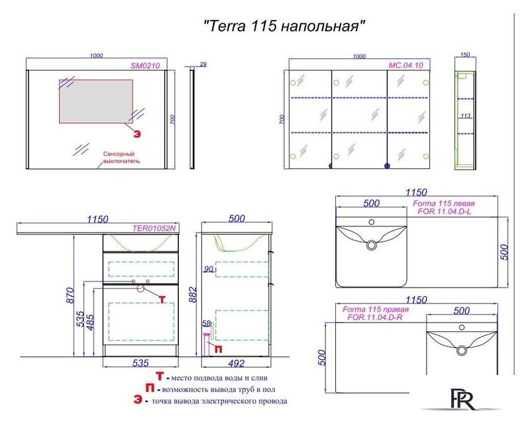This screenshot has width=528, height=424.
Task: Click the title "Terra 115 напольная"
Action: click(x=284, y=26)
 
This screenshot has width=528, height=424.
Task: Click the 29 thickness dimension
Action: click(x=203, y=64)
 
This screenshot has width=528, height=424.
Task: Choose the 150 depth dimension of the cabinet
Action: click(x=464, y=55)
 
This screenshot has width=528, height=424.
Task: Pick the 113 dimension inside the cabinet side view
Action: click(x=465, y=116)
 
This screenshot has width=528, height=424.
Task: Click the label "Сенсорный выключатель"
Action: click(x=121, y=157)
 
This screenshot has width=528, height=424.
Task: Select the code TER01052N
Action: click(x=154, y=228)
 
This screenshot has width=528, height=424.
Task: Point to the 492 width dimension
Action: click(x=237, y=363)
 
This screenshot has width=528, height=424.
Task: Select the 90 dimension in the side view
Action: click(x=209, y=269)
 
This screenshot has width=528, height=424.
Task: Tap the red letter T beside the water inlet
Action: click(x=162, y=299)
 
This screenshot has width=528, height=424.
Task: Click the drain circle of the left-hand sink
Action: click(x=371, y=246)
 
